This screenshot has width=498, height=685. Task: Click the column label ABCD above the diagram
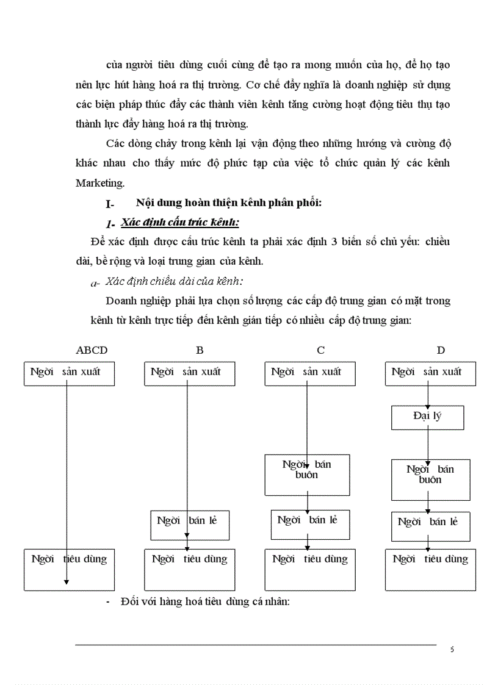[x=92, y=350]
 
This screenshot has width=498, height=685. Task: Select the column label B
[x=200, y=350]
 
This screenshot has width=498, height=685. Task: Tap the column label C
[x=320, y=350]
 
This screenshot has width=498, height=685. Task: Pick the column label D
[x=441, y=350]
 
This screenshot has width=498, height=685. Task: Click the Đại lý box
[x=427, y=417]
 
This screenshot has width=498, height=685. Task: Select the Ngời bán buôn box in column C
[x=307, y=474]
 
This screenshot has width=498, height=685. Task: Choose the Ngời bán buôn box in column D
[x=430, y=479]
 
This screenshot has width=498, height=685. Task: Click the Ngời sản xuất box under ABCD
[x=70, y=373]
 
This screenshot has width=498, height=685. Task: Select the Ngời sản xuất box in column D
[x=430, y=373]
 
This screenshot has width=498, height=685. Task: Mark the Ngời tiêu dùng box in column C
[x=310, y=569]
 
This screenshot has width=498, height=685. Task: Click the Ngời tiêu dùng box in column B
[x=189, y=569]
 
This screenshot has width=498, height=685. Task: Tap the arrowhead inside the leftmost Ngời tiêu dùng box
[x=67, y=582]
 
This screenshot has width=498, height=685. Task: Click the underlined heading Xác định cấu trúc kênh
[x=180, y=221]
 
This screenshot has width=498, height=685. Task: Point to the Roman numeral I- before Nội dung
[x=110, y=204]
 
